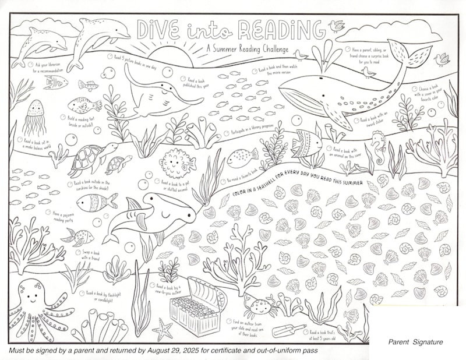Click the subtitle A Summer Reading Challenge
click(x=245, y=50)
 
